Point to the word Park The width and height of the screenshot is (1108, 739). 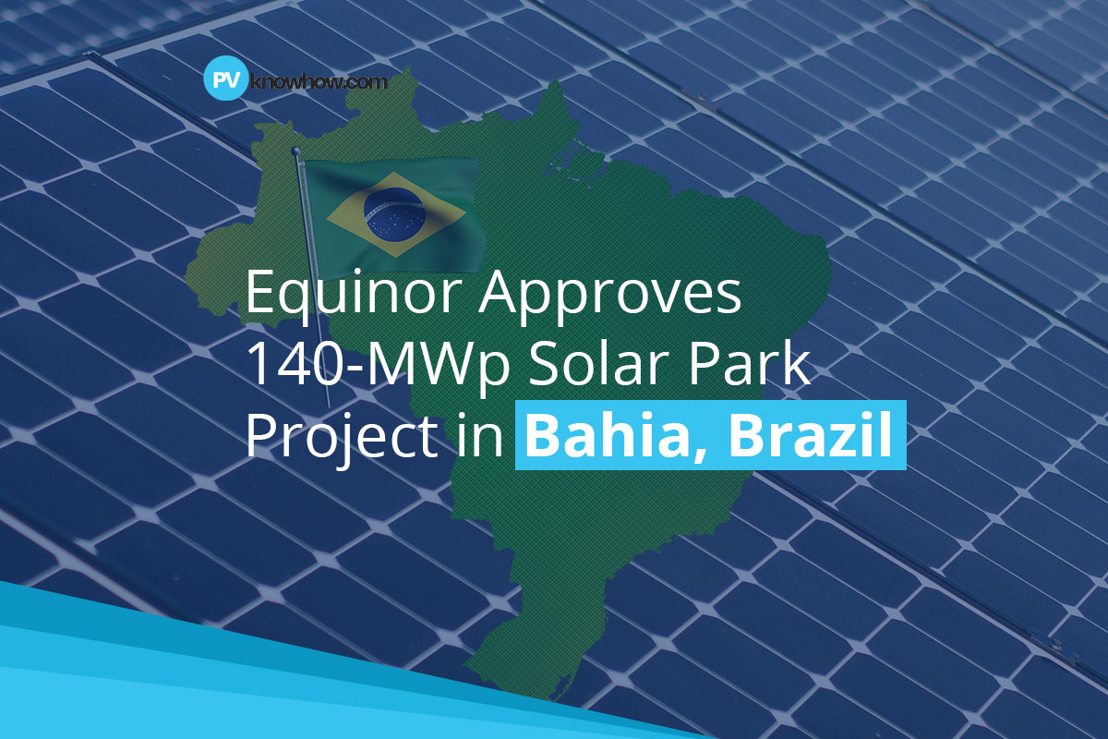coord(752,367)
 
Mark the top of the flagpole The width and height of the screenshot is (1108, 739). coord(297,151)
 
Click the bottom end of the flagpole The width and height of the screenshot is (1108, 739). coord(328,406)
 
